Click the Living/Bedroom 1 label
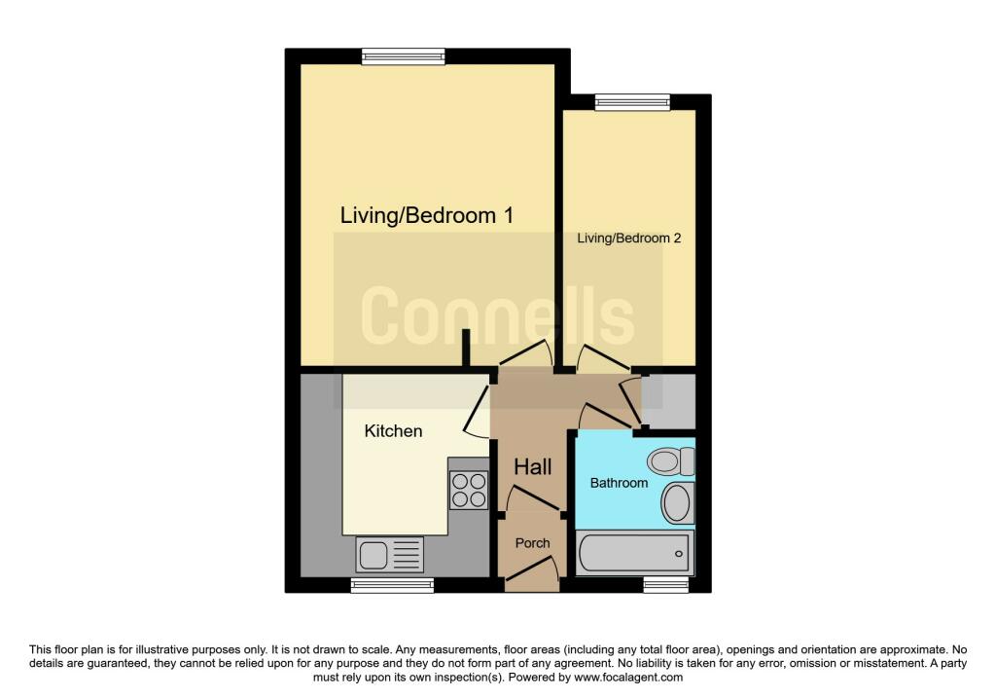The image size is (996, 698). (x=426, y=215)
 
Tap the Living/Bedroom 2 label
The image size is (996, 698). (x=629, y=239)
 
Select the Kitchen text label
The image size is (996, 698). (x=393, y=431)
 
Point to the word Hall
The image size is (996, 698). (x=532, y=467)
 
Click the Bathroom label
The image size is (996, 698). (x=619, y=483)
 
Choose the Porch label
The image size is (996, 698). (x=532, y=543)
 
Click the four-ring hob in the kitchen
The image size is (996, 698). (x=470, y=490)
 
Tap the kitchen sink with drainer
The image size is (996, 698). (x=389, y=554)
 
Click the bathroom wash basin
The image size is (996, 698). (x=678, y=503)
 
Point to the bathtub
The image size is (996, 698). (x=634, y=554)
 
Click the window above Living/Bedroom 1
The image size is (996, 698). (x=404, y=56)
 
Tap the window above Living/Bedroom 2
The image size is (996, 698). (x=632, y=102)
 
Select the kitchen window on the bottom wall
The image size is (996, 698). (x=393, y=585)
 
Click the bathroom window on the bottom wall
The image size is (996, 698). (x=665, y=585)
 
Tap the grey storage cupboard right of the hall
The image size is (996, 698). (x=668, y=402)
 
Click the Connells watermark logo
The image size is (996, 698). (x=497, y=314)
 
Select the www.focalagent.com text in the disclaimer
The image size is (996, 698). (x=628, y=678)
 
